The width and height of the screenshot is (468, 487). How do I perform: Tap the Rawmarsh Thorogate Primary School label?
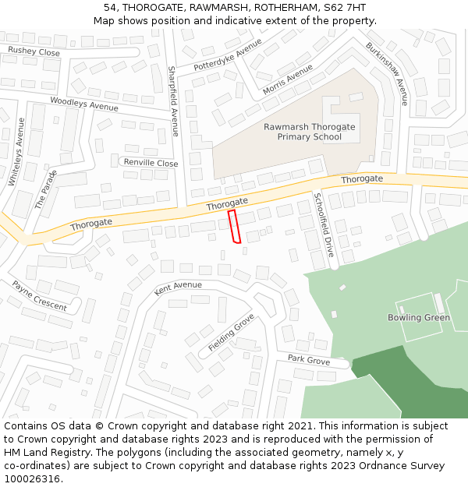[309, 132]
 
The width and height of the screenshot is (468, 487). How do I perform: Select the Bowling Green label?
[419, 318]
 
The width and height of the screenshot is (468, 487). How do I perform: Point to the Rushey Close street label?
[34, 52]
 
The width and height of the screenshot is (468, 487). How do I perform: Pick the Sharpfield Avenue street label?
[174, 101]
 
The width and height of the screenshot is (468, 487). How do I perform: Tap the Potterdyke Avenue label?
[228, 55]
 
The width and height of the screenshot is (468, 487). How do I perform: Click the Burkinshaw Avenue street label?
[387, 73]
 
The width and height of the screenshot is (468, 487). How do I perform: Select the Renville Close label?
[151, 163]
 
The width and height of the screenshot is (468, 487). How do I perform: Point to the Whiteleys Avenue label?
[16, 151]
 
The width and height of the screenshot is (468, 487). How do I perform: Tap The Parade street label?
[46, 189]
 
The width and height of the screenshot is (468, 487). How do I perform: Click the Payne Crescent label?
[39, 296]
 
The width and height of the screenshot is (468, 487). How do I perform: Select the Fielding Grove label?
[232, 333]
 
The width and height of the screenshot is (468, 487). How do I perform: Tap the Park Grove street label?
[308, 359]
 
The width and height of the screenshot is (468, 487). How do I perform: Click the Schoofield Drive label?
[324, 225]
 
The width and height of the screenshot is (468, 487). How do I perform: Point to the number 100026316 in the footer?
[34, 478]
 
